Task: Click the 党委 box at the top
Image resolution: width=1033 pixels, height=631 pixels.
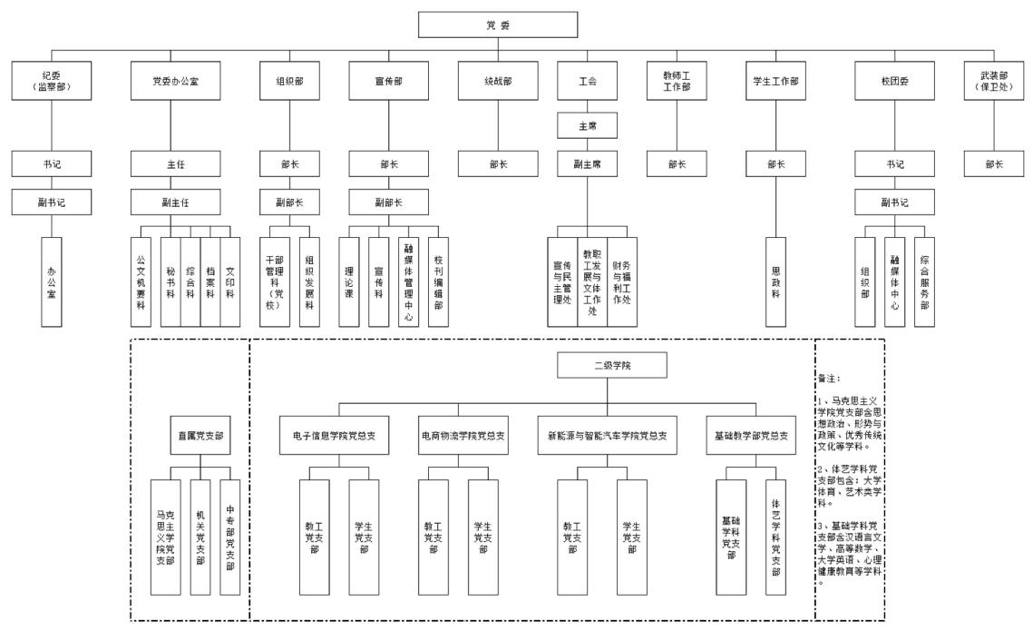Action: pos(498,25)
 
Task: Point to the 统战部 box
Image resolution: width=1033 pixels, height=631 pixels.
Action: pos(498,82)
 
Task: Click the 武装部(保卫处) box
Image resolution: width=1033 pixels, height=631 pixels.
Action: pos(993,82)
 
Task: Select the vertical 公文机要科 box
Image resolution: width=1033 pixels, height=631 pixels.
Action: pos(141,281)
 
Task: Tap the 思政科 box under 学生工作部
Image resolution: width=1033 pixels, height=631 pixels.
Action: pos(777,281)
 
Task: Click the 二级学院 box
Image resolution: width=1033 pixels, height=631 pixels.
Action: pos(612,366)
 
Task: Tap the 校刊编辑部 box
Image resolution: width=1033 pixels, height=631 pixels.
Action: pos(438,281)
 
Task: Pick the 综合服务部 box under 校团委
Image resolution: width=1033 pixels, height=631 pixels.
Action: pos(924,281)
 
